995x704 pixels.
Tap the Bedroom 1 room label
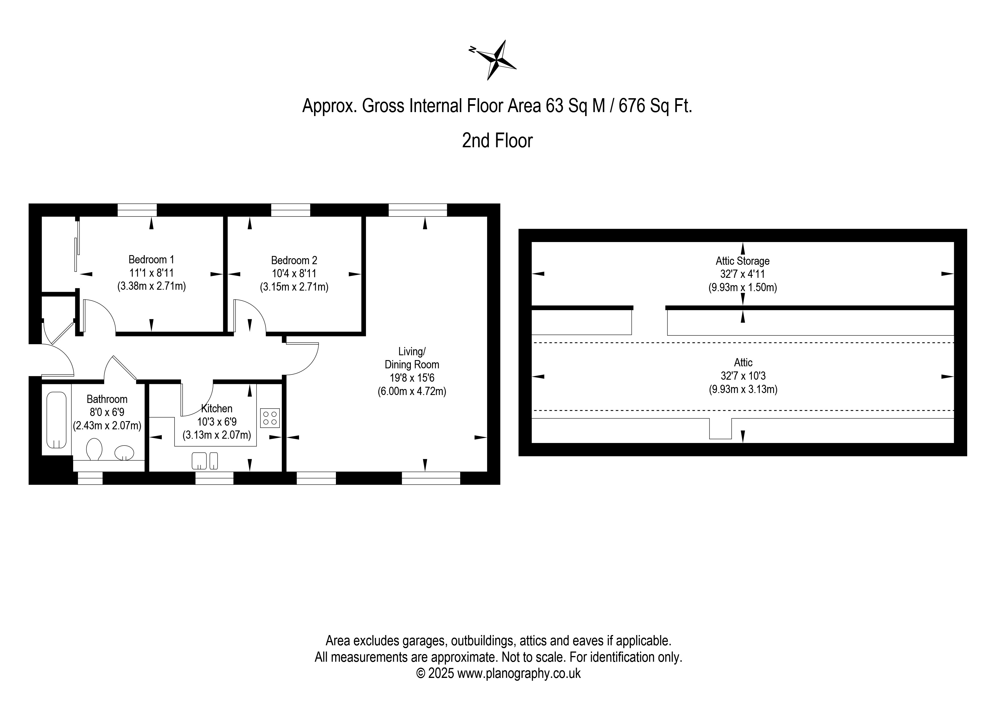pyautogui.click(x=151, y=260)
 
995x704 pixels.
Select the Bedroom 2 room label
pyautogui.click(x=294, y=260)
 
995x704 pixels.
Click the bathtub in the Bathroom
pyautogui.click(x=56, y=420)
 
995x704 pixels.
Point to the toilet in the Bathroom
pyautogui.click(x=94, y=449)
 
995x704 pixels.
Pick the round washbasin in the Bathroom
pyautogui.click(x=124, y=452)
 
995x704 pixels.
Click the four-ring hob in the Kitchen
pyautogui.click(x=270, y=418)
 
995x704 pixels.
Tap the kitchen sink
pyautogui.click(x=205, y=461)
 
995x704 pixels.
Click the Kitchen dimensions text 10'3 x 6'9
pyautogui.click(x=217, y=422)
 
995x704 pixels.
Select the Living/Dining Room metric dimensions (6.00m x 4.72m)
pyautogui.click(x=412, y=392)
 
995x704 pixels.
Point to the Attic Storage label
pyautogui.click(x=742, y=261)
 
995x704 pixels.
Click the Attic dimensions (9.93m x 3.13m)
pyautogui.click(x=743, y=389)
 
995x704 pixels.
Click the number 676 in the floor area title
pyautogui.click(x=632, y=106)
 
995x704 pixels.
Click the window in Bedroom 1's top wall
pyautogui.click(x=137, y=210)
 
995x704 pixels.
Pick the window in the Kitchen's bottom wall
pyautogui.click(x=214, y=478)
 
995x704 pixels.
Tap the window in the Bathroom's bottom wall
pyautogui.click(x=90, y=478)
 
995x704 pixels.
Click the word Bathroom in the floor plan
pyautogui.click(x=107, y=399)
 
